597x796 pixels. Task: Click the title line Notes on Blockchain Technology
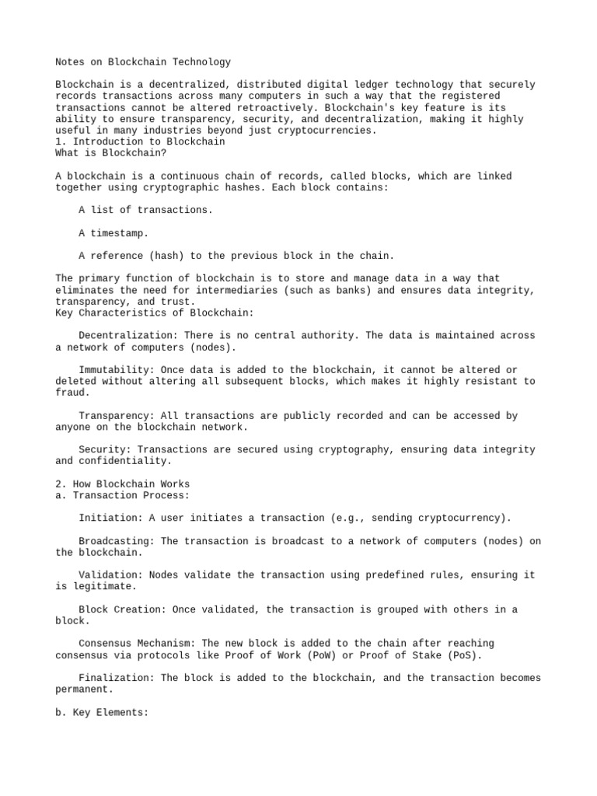[143, 62]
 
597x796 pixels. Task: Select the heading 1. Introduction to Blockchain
[140, 142]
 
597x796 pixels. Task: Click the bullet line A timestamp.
[113, 233]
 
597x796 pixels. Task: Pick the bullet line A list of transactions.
[145, 210]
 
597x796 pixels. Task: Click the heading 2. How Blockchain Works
[122, 484]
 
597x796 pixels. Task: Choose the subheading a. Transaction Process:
[122, 495]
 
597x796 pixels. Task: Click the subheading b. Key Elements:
[102, 712]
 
